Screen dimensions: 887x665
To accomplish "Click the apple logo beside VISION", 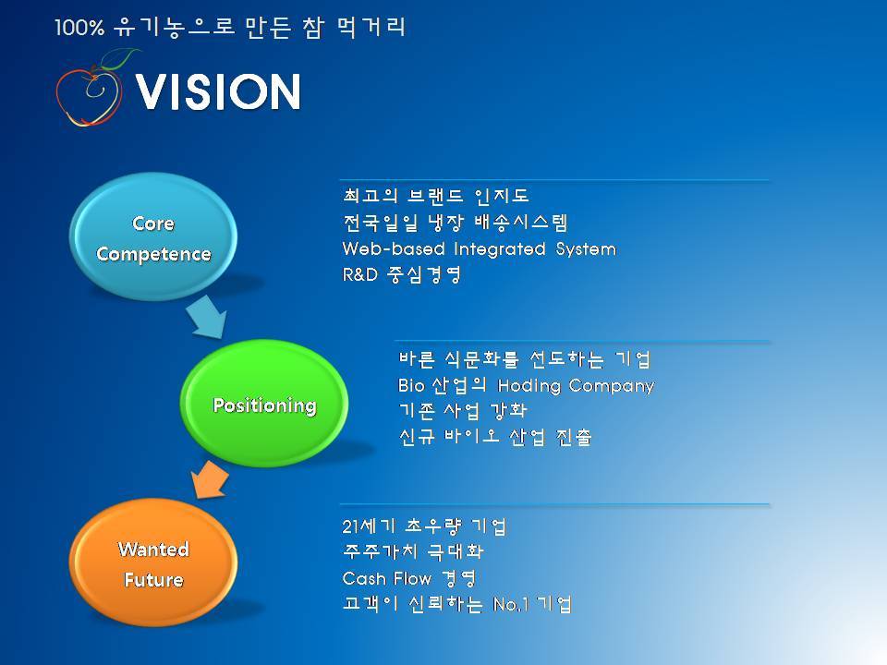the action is coord(91,91).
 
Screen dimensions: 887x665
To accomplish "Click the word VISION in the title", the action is coord(218,91).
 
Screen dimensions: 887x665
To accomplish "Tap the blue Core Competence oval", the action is coord(153,237).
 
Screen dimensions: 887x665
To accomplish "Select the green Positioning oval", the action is coord(264,404).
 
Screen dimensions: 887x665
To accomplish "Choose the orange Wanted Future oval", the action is coord(153,562).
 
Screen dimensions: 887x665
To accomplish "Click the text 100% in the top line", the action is coord(79,28).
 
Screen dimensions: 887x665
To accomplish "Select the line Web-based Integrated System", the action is coord(480,248).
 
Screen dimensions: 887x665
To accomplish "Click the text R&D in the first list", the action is coord(359,275).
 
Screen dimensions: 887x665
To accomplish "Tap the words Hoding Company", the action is coord(576,386).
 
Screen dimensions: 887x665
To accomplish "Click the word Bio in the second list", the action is coord(411,386).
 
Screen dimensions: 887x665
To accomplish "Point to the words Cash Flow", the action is coord(387,578).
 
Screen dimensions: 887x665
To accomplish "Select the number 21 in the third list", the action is coord(351,527).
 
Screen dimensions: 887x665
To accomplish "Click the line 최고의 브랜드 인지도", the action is coord(435,196).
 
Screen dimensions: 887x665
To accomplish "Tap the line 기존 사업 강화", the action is coord(463,410).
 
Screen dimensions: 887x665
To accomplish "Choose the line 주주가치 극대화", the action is coord(413,552).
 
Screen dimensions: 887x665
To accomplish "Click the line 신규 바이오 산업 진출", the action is coord(495,437).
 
